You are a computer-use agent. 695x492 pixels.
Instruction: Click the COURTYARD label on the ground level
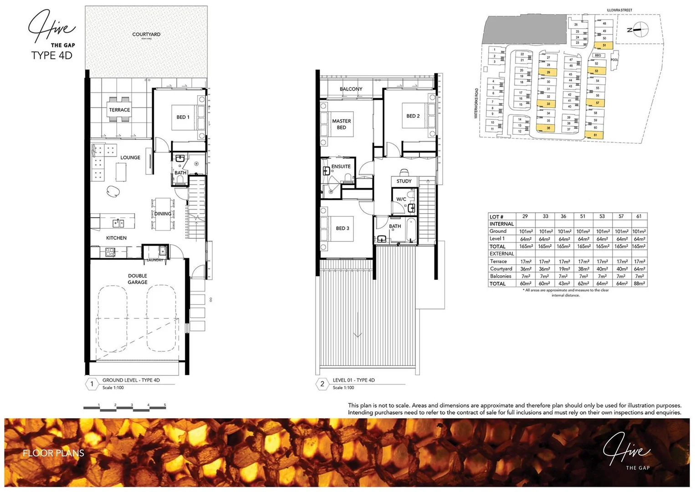pyautogui.click(x=146, y=35)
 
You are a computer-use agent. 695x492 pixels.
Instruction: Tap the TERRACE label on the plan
pyautogui.click(x=119, y=110)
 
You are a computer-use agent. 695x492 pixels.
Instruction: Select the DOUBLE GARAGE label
pyautogui.click(x=138, y=279)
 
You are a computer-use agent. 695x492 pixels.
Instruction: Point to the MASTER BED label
pyautogui.click(x=342, y=124)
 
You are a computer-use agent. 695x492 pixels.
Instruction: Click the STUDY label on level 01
pyautogui.click(x=404, y=181)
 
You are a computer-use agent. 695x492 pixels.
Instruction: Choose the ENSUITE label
pyautogui.click(x=341, y=167)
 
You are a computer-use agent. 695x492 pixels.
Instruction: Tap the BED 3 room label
pyautogui.click(x=342, y=228)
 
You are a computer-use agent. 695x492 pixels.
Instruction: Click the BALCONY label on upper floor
pyautogui.click(x=351, y=89)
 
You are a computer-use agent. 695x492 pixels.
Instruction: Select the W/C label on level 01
pyautogui.click(x=401, y=199)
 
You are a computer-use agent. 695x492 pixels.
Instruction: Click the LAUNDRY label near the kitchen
pyautogui.click(x=155, y=260)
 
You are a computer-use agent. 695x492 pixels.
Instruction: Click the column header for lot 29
pyautogui.click(x=525, y=216)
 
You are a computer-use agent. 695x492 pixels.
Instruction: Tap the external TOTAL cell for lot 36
pyautogui.click(x=564, y=283)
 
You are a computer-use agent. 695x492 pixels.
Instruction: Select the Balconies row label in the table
pyautogui.click(x=501, y=276)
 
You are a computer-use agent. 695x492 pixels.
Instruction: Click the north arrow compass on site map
pyautogui.click(x=640, y=29)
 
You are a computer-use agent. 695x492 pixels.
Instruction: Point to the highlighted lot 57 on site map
pyautogui.click(x=597, y=103)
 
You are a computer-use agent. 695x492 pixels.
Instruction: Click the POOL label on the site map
pyautogui.click(x=614, y=60)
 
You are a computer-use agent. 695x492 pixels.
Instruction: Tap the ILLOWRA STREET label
pyautogui.click(x=619, y=10)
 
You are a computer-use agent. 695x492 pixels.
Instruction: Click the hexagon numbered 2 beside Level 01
pyautogui.click(x=322, y=384)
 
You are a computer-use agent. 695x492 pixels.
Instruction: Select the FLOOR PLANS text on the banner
pyautogui.click(x=54, y=453)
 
